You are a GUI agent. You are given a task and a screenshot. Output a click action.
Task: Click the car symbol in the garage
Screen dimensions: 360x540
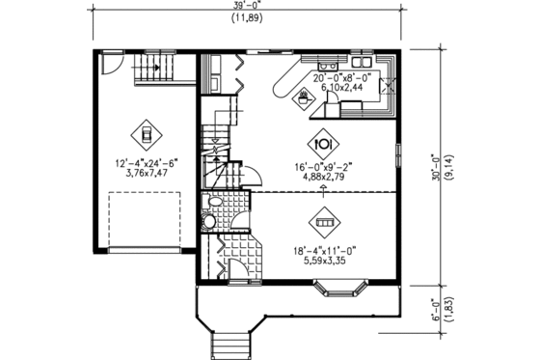point(146,133)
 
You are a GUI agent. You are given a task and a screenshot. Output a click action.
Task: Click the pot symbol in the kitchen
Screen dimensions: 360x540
point(307,97)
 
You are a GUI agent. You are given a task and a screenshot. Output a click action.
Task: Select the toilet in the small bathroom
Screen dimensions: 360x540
point(209,222)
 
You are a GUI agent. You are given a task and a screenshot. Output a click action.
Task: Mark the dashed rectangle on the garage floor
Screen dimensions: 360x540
point(145,221)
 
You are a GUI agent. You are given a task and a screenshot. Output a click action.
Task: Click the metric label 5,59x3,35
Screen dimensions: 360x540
point(324,260)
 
